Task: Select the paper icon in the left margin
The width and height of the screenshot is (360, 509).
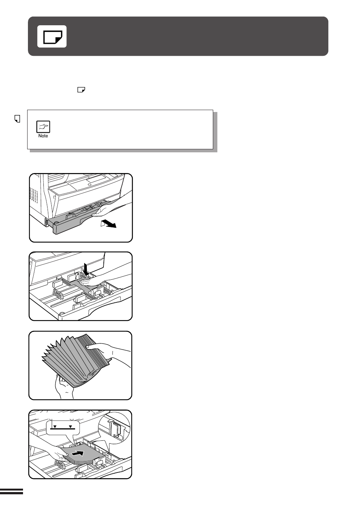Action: coord(17,119)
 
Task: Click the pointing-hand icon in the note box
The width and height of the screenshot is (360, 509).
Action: coord(43,127)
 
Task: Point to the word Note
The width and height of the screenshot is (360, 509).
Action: coord(43,136)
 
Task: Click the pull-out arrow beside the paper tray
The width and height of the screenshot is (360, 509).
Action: coord(108,224)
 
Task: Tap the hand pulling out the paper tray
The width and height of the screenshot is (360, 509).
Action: coord(111,207)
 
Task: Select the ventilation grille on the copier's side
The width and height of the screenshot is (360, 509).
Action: coord(34,195)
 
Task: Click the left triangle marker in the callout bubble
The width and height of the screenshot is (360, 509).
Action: coord(55,426)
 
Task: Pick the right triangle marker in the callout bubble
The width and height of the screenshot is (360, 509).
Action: coord(71,426)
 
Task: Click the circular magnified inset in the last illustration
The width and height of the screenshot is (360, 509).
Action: coord(114,428)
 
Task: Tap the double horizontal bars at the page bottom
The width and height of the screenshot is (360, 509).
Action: coord(11,491)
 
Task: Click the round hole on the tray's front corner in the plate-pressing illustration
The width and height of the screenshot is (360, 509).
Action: coord(61,314)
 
